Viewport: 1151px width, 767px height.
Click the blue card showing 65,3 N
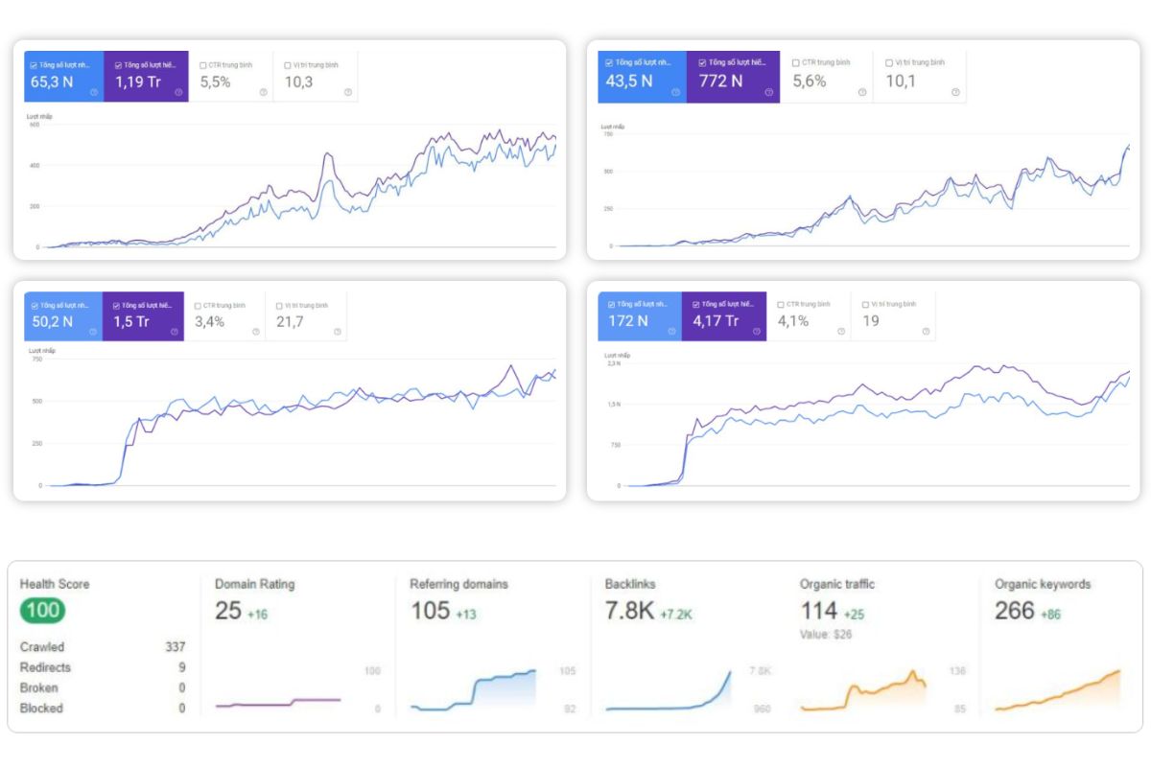(64, 76)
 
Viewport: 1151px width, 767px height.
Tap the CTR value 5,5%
(215, 82)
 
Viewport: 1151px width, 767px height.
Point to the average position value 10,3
(298, 82)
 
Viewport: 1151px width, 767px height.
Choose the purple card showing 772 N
(733, 76)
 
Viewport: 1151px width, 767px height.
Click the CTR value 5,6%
(809, 81)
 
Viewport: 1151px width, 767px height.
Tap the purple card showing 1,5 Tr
(144, 316)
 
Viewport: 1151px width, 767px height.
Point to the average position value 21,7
(291, 322)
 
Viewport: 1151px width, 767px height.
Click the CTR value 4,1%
(794, 321)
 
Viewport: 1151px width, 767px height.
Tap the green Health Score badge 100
(42, 611)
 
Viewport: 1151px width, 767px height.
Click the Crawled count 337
(175, 647)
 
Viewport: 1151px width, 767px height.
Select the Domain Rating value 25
(228, 611)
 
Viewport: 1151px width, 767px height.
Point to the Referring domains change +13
(466, 614)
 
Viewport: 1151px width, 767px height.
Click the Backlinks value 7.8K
(629, 611)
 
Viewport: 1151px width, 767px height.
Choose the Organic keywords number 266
(1015, 611)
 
